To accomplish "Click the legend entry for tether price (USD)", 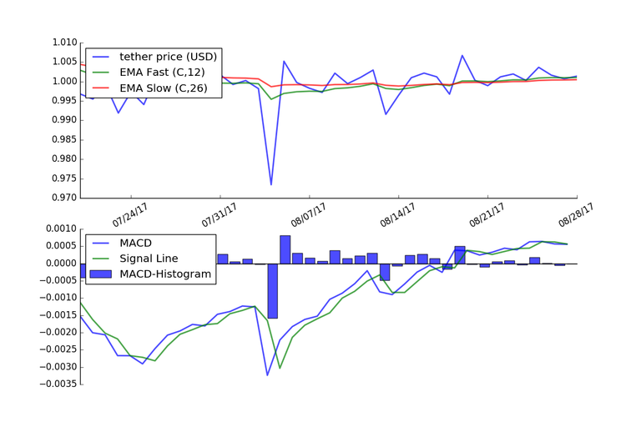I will (168, 57).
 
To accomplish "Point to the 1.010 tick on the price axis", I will (63, 43).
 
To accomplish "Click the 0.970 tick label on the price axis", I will (63, 198).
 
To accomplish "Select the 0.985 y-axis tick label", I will (63, 139).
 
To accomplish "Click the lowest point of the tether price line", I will (271, 184).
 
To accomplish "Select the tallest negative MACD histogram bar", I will (272, 291).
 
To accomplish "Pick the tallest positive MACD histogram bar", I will (285, 249).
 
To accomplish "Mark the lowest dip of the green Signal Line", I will (280, 368).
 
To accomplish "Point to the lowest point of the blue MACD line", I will (268, 375).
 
